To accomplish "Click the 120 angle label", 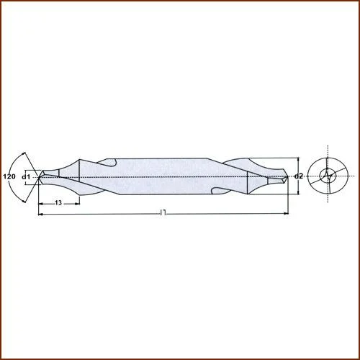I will [x=9, y=176].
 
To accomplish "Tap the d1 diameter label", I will [x=26, y=176].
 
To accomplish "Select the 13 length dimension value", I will [x=58, y=204].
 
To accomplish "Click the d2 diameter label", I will [x=299, y=176].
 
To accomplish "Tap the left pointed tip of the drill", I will [x=38, y=175].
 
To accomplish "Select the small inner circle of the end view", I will [x=328, y=175].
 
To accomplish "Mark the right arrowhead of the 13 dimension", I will [x=77, y=203].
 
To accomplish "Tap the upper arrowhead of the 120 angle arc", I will [x=26, y=153].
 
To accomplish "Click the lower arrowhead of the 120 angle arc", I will [x=26, y=198].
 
